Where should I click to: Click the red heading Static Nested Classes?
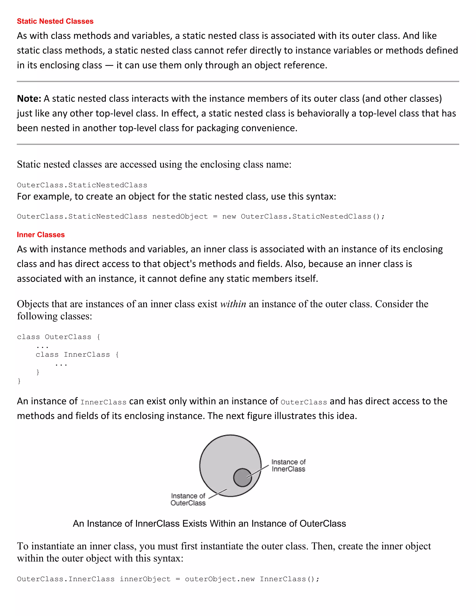tap(55, 21)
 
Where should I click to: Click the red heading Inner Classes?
tap(41, 235)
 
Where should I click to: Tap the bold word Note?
tap(29, 99)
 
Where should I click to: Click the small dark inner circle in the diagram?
tap(242, 477)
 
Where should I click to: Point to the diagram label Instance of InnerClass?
tap(288, 465)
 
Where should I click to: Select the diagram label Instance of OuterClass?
tap(188, 499)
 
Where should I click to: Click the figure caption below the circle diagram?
tap(209, 523)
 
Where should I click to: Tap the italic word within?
tap(233, 304)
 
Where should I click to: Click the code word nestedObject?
tap(180, 217)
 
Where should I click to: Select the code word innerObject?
tap(145, 579)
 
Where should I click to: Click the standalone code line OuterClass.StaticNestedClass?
tap(82, 185)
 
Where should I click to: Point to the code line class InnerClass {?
tap(77, 354)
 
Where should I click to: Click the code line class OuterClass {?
tap(58, 337)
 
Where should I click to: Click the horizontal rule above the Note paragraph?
tap(238, 82)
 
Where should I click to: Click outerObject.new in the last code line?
tap(220, 579)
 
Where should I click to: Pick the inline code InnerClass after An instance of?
tap(103, 402)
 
